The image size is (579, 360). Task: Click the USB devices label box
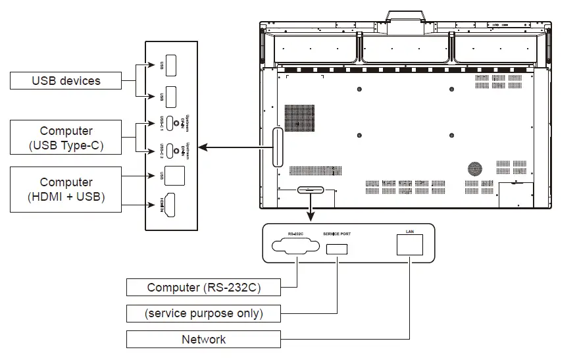tap(66, 81)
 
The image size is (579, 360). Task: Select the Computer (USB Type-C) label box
tap(66, 138)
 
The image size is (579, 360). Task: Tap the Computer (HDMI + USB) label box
tap(66, 189)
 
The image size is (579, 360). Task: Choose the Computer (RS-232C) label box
tap(204, 287)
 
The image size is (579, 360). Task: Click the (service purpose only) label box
tap(204, 313)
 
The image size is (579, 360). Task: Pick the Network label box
tap(204, 340)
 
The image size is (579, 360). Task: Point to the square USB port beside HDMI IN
tap(175, 176)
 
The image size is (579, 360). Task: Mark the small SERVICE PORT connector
tap(336, 249)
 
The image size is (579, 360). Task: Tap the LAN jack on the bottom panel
tap(410, 245)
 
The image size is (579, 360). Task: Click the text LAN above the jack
tap(410, 232)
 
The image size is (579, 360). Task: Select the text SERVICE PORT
tap(337, 234)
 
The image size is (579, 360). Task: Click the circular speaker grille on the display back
tap(474, 168)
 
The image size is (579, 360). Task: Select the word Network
tap(204, 340)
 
